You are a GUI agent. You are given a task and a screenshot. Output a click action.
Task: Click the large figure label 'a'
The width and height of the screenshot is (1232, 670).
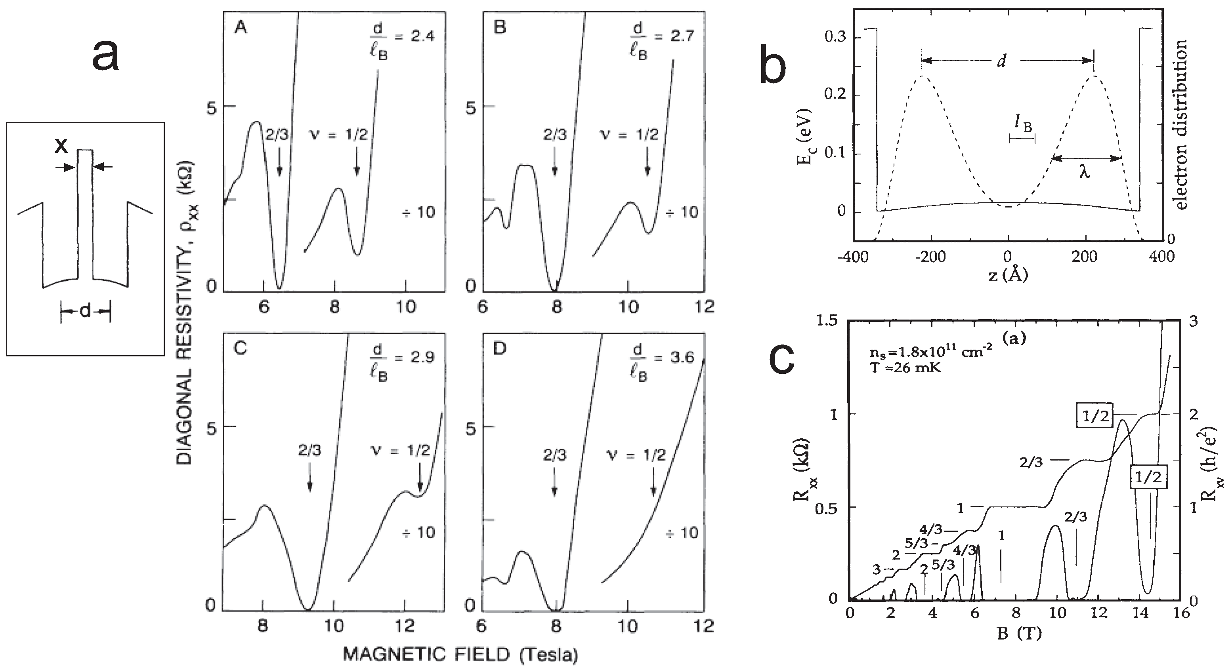[106, 56]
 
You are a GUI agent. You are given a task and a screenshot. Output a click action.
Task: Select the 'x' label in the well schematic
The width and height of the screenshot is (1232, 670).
[61, 145]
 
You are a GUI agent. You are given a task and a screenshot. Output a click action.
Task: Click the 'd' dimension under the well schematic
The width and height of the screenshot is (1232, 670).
[85, 311]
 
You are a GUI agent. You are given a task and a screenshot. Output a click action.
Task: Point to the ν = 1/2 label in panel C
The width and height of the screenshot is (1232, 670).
[400, 450]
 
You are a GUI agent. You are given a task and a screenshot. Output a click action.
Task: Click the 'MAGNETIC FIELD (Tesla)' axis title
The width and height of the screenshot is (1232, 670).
[460, 654]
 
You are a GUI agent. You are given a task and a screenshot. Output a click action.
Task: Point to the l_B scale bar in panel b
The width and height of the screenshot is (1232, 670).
[1022, 139]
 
